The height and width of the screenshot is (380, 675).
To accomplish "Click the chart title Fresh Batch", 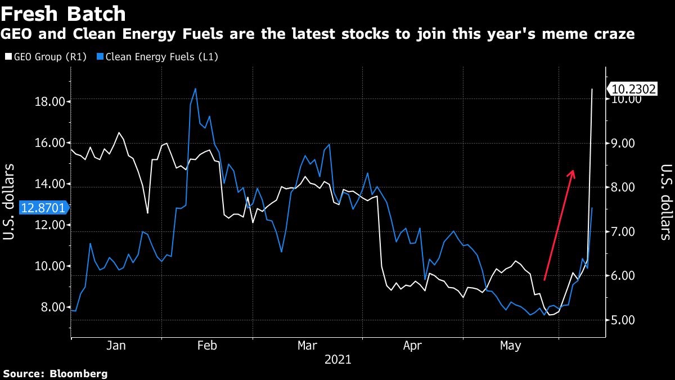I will tap(63, 13).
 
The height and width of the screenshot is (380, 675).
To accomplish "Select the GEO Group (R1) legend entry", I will tap(45, 57).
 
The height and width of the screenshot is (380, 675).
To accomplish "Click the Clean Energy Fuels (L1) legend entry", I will tap(157, 57).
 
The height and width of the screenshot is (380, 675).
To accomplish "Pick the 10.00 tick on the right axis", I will tap(626, 99).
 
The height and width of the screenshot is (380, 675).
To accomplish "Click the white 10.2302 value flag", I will tap(634, 89).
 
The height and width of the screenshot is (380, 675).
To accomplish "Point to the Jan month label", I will tap(116, 346).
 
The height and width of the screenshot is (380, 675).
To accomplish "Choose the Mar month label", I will tap(307, 346).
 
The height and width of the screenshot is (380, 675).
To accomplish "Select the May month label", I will tap(510, 346).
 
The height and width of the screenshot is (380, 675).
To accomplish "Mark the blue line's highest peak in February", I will tap(195, 88).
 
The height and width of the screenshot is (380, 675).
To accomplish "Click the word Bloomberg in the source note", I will tap(78, 373).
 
